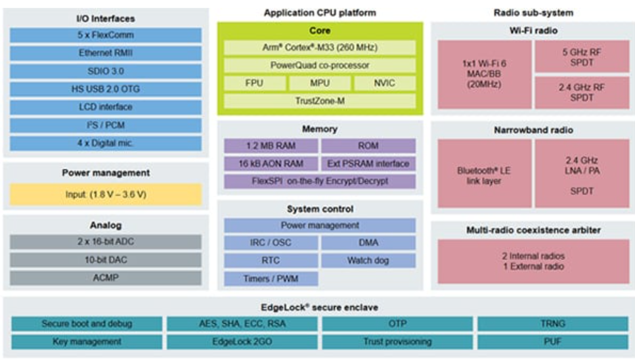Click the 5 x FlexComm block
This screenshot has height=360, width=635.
pyautogui.click(x=106, y=35)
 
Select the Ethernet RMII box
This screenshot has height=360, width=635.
pyautogui.click(x=106, y=53)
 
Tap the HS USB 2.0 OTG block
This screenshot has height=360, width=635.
pyautogui.click(x=106, y=89)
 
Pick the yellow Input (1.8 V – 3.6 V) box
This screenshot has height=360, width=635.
pyautogui.click(x=106, y=194)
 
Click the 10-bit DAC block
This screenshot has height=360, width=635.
pyautogui.click(x=106, y=260)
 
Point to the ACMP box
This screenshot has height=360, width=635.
pyautogui.click(x=106, y=278)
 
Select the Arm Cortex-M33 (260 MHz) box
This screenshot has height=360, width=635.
pyautogui.click(x=320, y=48)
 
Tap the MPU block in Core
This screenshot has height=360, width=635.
pyautogui.click(x=320, y=83)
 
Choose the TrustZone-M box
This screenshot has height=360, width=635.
pyautogui.click(x=320, y=101)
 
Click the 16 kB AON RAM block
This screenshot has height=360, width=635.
pyautogui.click(x=271, y=164)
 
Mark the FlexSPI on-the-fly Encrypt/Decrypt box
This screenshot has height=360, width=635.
pyautogui.click(x=320, y=181)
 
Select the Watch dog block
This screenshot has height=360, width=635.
pyautogui.click(x=368, y=260)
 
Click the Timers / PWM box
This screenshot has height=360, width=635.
pyautogui.click(x=271, y=279)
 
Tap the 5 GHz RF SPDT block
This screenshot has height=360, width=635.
pyautogui.click(x=582, y=56)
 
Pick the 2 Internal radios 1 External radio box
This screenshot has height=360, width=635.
pyautogui.click(x=533, y=261)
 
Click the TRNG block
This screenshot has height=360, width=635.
pyautogui.click(x=553, y=324)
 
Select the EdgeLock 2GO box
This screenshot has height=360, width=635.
pyautogui.click(x=242, y=342)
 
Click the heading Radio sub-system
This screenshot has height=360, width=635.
pyautogui.click(x=533, y=13)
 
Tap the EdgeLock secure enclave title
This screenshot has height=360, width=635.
pyautogui.click(x=320, y=307)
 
